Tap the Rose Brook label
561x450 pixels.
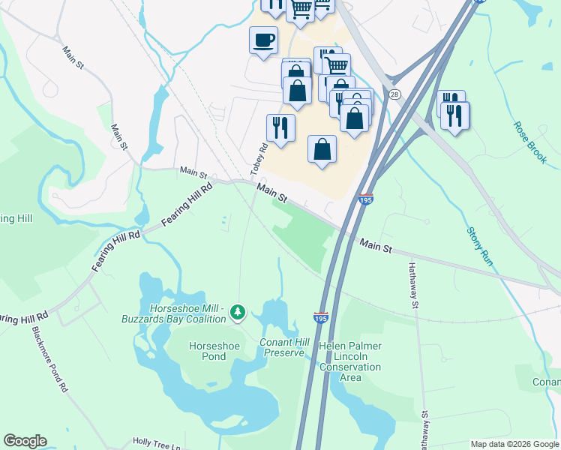pyautogui.click(x=529, y=139)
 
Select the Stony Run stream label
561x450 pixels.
pyautogui.click(x=478, y=247)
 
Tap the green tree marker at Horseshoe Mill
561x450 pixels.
pyautogui.click(x=238, y=311)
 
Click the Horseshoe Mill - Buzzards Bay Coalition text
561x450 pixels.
pyautogui.click(x=177, y=313)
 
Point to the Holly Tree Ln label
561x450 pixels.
pyautogui.click(x=157, y=442)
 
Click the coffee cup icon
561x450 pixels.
pyautogui.click(x=262, y=40)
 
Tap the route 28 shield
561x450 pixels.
pyautogui.click(x=394, y=94)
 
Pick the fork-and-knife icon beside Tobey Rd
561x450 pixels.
pyautogui.click(x=280, y=127)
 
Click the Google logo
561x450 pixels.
pyautogui.click(x=24, y=441)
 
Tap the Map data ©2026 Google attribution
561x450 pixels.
pyautogui.click(x=514, y=444)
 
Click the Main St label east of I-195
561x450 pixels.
pyautogui.click(x=376, y=245)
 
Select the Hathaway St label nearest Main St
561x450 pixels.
pyautogui.click(x=412, y=285)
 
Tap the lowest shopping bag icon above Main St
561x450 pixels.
pyautogui.click(x=322, y=148)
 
